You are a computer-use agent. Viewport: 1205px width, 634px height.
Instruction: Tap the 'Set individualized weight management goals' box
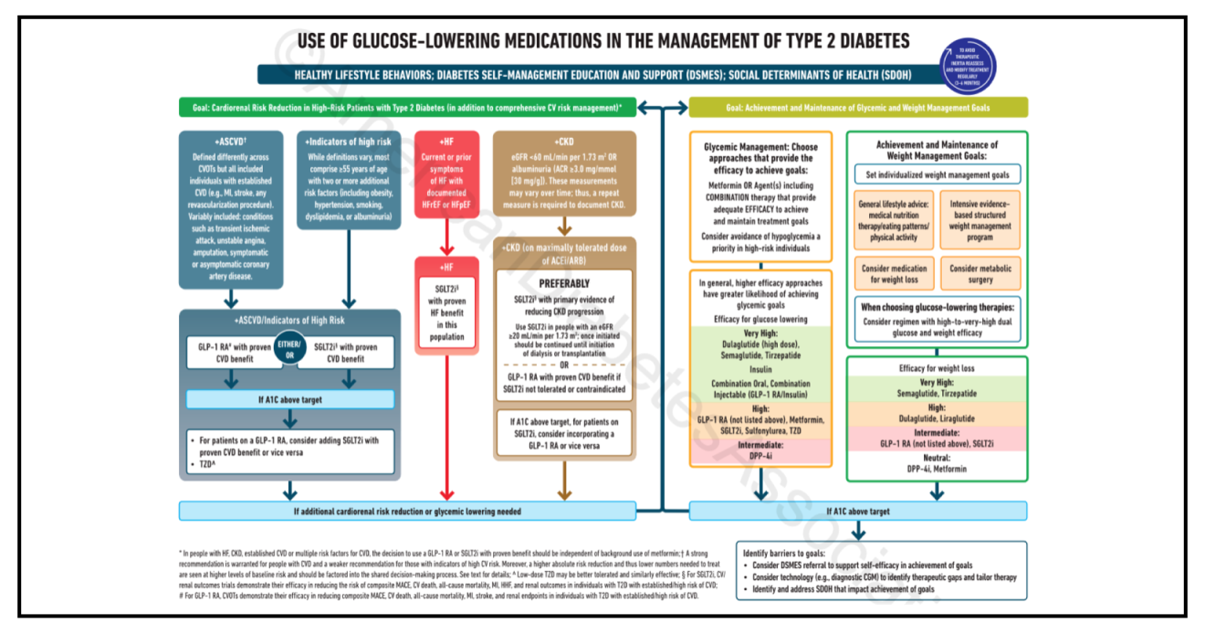pos(937,174)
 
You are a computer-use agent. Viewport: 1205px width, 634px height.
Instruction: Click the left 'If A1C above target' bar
pos(290,399)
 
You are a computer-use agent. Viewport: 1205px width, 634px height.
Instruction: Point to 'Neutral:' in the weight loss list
pos(937,457)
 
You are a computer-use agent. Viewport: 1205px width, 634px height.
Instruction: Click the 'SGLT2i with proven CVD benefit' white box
pos(351,352)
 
